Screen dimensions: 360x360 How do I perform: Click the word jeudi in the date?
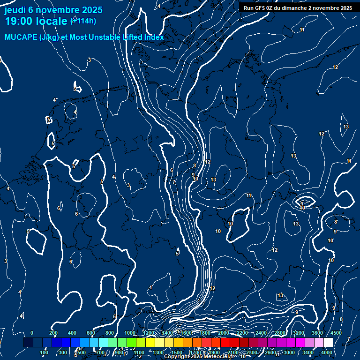point(15,9)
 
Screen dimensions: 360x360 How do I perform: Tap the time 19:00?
point(21,21)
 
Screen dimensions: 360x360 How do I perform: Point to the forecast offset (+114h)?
point(83,21)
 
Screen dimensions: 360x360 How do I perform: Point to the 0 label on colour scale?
point(31,333)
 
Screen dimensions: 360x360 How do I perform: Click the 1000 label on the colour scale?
point(130,333)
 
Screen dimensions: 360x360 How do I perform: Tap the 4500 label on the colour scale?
point(336,333)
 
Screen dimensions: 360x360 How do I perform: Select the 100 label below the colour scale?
point(44,352)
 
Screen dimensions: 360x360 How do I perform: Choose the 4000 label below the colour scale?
point(327,352)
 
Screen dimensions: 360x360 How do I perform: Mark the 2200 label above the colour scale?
point(242,333)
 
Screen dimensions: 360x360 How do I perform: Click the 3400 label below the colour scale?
point(308,352)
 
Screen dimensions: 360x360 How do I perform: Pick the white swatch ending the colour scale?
point(328,343)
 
